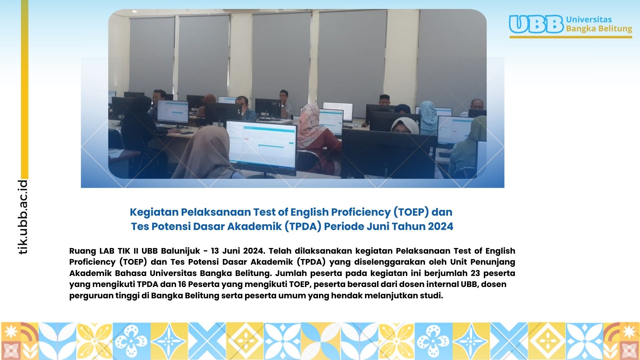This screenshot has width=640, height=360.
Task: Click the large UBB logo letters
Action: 536,24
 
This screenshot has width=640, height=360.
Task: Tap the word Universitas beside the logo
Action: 589,19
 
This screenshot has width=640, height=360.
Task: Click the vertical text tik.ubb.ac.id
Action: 23,217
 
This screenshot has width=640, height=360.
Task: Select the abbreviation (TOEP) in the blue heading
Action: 411,212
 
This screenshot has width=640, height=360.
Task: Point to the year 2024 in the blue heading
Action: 441,226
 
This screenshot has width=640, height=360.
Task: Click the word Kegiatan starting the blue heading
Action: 154,212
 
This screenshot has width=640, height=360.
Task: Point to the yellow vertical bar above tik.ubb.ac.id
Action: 25,89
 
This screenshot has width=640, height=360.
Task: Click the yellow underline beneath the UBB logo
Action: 571,37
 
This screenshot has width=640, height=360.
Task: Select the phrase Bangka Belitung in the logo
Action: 599,29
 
